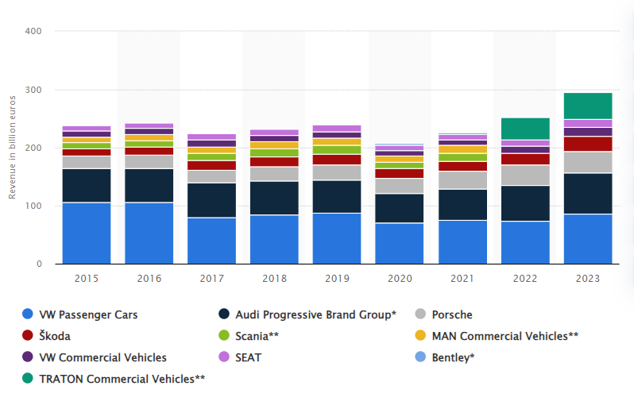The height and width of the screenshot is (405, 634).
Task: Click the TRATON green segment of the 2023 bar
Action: (588, 106)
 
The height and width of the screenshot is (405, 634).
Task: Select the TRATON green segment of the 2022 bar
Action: (525, 129)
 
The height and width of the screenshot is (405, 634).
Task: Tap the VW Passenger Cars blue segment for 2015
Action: (86, 233)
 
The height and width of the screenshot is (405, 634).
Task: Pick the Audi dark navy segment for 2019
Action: (337, 196)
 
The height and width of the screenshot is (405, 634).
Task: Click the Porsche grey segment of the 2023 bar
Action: (588, 162)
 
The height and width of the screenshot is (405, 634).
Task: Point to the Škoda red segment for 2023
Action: (588, 144)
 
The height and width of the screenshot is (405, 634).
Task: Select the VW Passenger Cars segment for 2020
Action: (400, 243)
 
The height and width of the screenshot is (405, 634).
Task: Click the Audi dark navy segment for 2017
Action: (211, 200)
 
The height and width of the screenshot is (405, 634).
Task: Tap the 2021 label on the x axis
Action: (462, 279)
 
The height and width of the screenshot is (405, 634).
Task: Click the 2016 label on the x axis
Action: (149, 279)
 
